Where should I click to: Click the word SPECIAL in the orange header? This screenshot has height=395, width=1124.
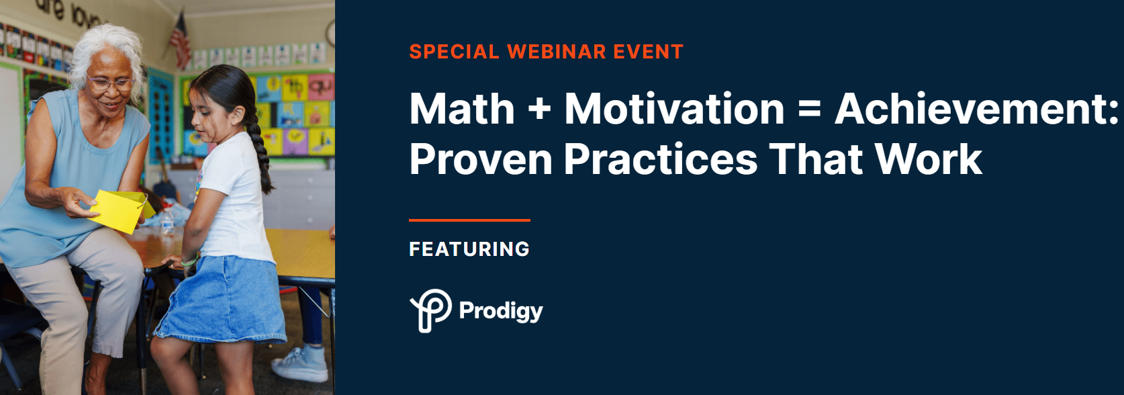tap(454, 52)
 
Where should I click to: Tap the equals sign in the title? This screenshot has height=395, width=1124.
tap(809, 109)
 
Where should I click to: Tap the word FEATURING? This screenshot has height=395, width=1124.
tap(469, 249)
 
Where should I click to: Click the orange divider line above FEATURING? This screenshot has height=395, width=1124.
tap(469, 220)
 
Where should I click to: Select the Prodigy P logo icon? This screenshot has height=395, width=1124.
tap(430, 310)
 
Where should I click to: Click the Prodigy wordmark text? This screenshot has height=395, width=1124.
tap(501, 311)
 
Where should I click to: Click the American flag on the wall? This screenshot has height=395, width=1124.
tap(180, 40)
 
